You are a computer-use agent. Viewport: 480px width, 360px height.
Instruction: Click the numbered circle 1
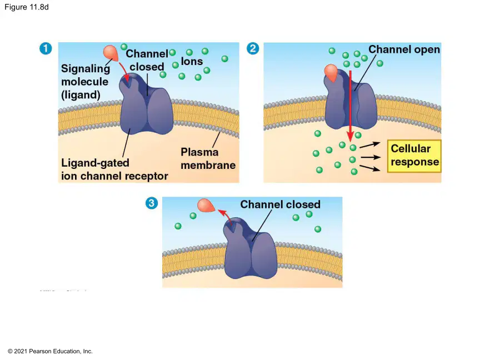click(x=46, y=48)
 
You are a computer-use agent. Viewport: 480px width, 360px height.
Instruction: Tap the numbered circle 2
click(x=253, y=48)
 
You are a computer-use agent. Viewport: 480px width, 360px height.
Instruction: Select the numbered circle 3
click(x=152, y=203)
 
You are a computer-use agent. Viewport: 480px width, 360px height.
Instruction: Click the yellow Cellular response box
click(x=414, y=156)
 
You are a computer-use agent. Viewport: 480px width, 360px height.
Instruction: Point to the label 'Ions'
click(x=192, y=61)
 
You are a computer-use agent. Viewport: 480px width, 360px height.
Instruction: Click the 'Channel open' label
click(x=404, y=49)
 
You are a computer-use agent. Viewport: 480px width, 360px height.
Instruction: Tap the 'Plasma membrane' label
click(x=208, y=158)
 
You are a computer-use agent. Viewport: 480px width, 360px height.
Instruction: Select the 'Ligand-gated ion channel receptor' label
click(x=114, y=169)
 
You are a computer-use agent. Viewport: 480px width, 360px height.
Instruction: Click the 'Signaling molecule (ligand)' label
click(x=86, y=82)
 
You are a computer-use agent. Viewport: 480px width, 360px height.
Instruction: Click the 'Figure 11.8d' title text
click(x=27, y=7)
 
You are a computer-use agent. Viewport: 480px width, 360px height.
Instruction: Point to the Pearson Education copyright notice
click(x=50, y=351)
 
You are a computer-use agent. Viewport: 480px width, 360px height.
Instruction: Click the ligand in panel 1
click(x=111, y=52)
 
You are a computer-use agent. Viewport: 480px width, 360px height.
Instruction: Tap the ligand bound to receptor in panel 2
click(x=331, y=73)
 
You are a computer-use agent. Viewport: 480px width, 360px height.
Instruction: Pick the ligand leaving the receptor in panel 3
click(x=206, y=206)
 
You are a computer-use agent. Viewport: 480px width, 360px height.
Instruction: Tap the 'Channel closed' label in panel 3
click(x=280, y=204)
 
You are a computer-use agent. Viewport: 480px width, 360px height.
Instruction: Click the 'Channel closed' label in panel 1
click(x=147, y=61)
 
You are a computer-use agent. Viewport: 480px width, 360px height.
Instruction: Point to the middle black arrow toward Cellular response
click(x=371, y=157)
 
